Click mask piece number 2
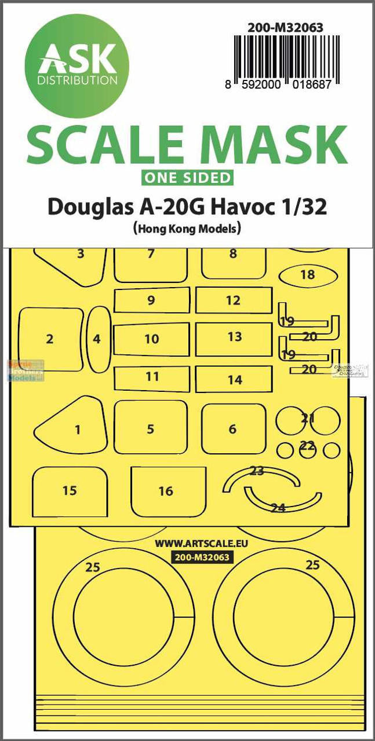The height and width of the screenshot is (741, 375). pyautogui.click(x=50, y=339)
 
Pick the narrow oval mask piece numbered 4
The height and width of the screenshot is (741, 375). pyautogui.click(x=97, y=339)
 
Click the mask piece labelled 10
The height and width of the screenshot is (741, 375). pyautogui.click(x=152, y=339)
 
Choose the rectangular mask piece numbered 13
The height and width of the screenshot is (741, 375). pyautogui.click(x=234, y=336)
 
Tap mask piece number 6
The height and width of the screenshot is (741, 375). pyautogui.click(x=233, y=428)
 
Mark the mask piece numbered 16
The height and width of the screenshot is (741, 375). pyautogui.click(x=166, y=490)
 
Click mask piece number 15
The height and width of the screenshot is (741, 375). pyautogui.click(x=70, y=490)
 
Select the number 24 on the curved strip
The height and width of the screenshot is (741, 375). pyautogui.click(x=278, y=508)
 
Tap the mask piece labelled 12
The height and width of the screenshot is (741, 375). pyautogui.click(x=234, y=300)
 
